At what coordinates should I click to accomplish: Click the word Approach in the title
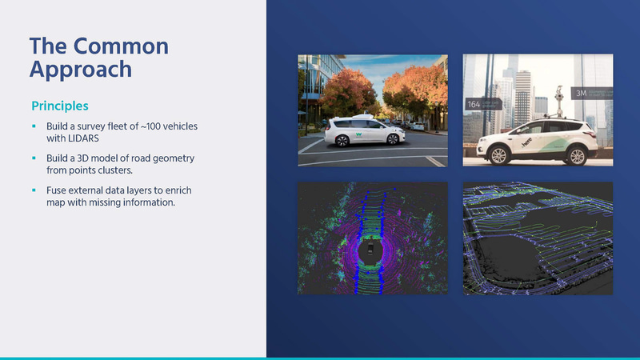pyautogui.click(x=80, y=69)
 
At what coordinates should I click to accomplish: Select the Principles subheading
pyautogui.click(x=59, y=106)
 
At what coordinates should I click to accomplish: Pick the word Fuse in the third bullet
pyautogui.click(x=57, y=190)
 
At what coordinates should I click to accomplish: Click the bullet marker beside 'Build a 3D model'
pyautogui.click(x=34, y=158)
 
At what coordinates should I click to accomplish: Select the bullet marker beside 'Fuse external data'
pyautogui.click(x=34, y=190)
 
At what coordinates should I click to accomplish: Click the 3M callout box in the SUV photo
pyautogui.click(x=593, y=94)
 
